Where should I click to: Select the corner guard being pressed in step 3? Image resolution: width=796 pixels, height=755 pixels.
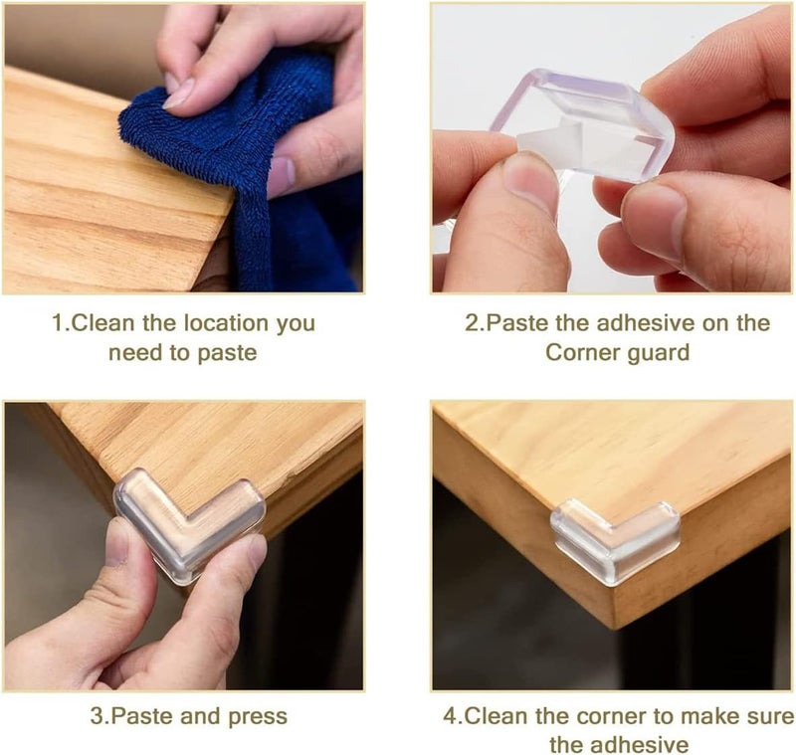point(189,523)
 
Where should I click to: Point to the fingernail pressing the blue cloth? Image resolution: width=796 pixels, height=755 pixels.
point(179,94)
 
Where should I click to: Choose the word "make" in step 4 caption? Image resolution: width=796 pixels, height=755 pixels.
point(708,716)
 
